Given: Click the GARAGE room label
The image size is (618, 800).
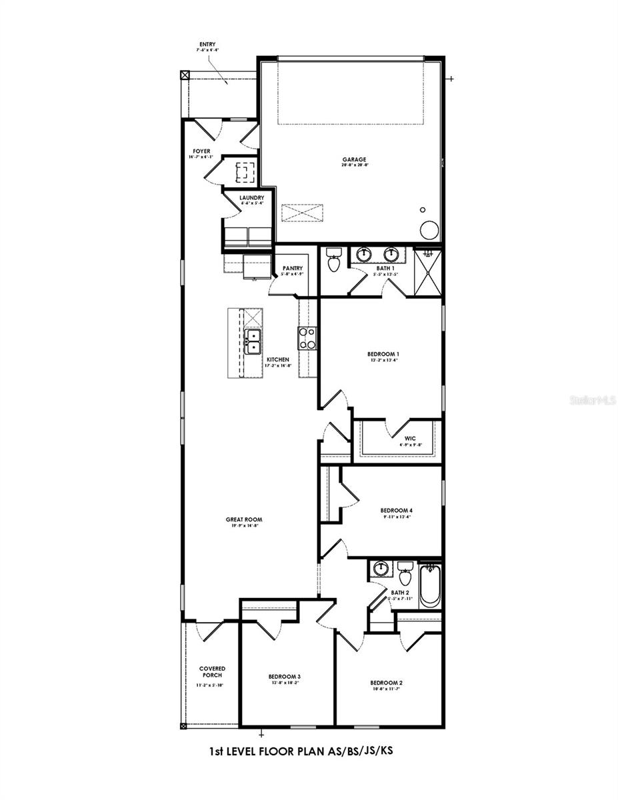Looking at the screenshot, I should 354,160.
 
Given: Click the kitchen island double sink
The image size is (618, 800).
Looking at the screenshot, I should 253,341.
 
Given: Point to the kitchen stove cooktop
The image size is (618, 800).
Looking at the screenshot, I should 307,339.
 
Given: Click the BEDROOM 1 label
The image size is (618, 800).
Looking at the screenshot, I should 383,354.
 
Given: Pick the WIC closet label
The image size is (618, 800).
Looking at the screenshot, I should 409,438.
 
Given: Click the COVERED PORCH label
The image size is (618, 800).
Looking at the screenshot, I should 212,671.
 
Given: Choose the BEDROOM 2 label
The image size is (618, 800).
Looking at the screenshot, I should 387,683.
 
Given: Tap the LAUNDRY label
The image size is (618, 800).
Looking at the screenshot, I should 252,197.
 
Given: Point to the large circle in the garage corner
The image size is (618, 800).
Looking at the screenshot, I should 429,230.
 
